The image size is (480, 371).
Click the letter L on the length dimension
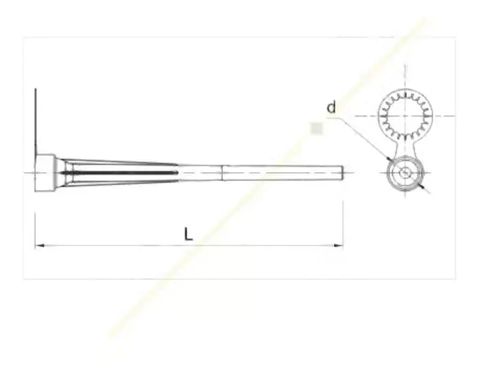click(189, 234)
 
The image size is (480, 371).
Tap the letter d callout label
click(331, 108)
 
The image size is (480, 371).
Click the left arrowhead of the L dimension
click(40, 246)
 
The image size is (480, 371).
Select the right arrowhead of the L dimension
click(338, 246)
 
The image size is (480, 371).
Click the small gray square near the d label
click(317, 128)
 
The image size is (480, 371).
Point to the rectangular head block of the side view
click(45, 173)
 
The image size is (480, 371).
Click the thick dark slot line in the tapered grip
click(119, 173)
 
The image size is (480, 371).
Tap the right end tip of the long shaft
click(343, 173)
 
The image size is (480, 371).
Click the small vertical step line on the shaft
click(223, 173)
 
